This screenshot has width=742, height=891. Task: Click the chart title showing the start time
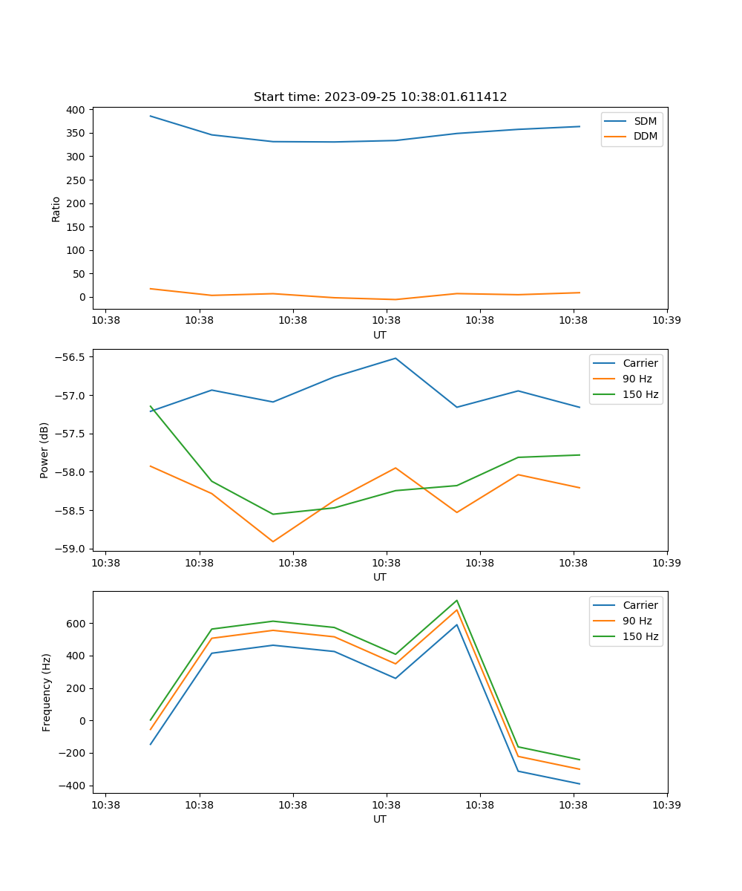(380, 97)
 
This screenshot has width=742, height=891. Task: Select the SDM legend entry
(645, 121)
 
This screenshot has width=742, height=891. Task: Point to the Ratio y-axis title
(56, 209)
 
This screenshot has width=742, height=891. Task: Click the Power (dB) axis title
(45, 450)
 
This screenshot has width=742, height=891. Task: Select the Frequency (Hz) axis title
(47, 692)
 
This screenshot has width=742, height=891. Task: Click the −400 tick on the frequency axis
(73, 786)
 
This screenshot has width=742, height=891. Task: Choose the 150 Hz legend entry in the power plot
(640, 394)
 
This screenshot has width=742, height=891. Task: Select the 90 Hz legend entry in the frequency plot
(637, 621)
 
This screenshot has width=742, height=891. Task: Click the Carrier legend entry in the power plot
(640, 363)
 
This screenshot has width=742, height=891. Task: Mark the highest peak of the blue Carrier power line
(395, 358)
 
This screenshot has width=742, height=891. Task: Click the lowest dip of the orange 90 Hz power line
(273, 541)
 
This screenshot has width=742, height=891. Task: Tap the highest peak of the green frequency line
(457, 601)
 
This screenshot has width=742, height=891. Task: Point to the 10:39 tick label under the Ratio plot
(667, 320)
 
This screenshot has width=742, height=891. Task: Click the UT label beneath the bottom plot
(380, 819)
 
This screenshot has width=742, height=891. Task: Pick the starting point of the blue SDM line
(151, 116)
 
